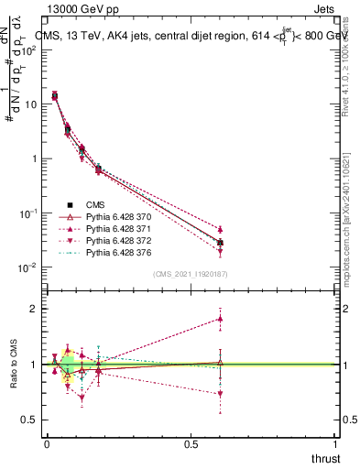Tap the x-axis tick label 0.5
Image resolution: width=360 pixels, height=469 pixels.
pos(191,444)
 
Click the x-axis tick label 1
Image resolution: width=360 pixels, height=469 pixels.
pos(336,444)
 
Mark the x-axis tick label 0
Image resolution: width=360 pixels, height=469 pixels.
pos(47,444)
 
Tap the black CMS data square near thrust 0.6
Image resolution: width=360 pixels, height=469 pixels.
pos(220,243)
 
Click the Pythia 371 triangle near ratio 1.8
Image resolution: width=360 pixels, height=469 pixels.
pos(220,318)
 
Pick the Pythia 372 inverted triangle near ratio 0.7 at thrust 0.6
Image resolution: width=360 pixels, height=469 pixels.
pos(220,394)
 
